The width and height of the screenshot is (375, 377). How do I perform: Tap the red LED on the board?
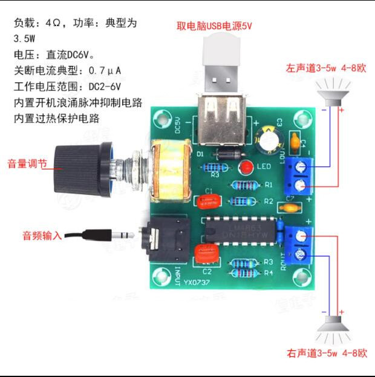(246, 168)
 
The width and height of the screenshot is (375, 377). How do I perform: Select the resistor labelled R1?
(244, 185)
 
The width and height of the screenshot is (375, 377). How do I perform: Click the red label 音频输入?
(42, 235)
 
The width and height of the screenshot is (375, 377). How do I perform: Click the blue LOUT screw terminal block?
(300, 175)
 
